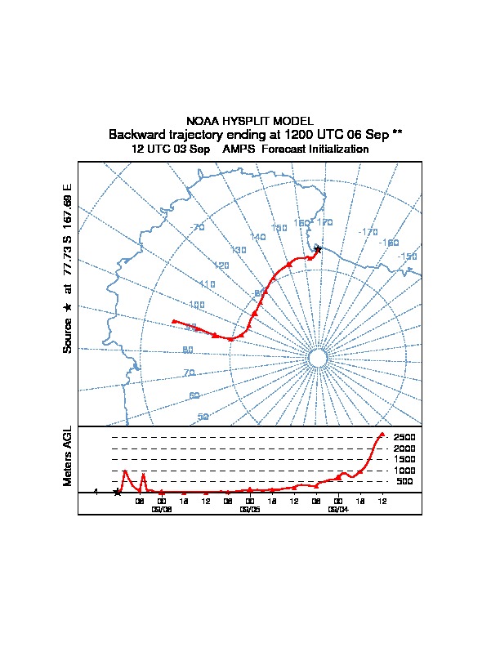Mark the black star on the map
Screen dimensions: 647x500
tap(318, 249)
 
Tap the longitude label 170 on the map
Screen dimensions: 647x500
tap(324, 222)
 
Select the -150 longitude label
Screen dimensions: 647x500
tap(406, 257)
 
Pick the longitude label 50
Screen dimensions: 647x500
tap(203, 417)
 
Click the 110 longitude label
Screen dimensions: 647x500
tap(207, 284)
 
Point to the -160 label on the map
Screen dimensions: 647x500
tap(388, 243)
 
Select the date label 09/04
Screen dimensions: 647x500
tap(337, 509)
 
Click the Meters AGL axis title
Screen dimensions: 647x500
tap(68, 457)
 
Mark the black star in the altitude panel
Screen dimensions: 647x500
tap(117, 492)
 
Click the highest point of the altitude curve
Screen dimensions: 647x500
tap(382, 433)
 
